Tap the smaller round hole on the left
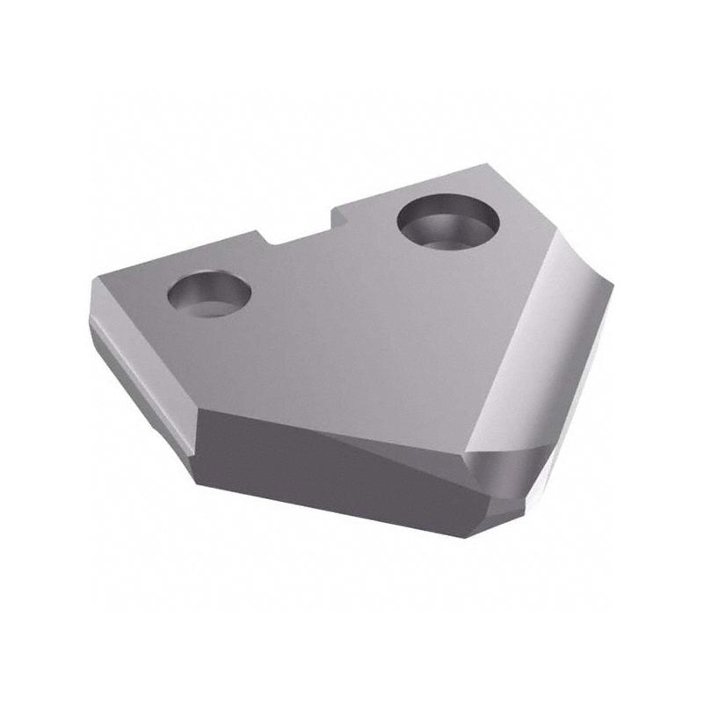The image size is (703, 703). (x=209, y=294)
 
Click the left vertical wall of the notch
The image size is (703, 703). (x=265, y=238)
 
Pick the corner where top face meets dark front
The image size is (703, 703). (x=203, y=410)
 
